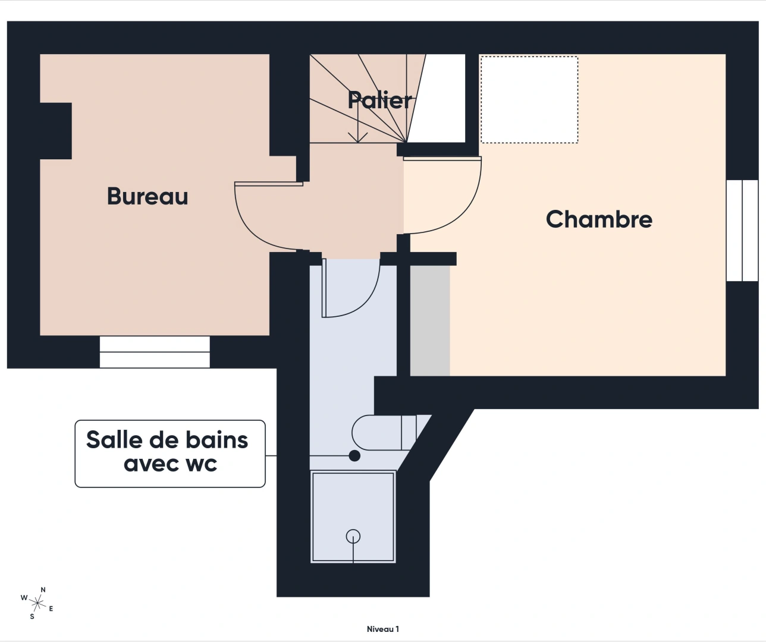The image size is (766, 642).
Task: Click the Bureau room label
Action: [x=147, y=196]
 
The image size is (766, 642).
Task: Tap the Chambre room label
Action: [x=599, y=219]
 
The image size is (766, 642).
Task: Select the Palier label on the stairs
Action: [x=379, y=100]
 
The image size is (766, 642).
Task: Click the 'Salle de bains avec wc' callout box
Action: [x=170, y=454]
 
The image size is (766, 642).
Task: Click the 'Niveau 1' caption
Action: [x=382, y=629]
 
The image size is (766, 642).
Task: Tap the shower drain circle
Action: [x=353, y=536]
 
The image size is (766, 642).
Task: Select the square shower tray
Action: [x=353, y=516]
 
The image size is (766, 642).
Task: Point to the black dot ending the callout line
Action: [x=354, y=456]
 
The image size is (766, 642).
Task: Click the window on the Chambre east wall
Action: [x=742, y=230]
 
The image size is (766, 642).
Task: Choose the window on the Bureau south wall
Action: [x=155, y=352]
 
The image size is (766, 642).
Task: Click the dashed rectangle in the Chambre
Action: [x=529, y=100]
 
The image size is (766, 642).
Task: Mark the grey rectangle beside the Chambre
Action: [x=430, y=321]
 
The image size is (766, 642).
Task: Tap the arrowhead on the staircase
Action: [x=357, y=137]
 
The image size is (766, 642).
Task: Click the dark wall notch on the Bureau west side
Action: [x=55, y=131]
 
